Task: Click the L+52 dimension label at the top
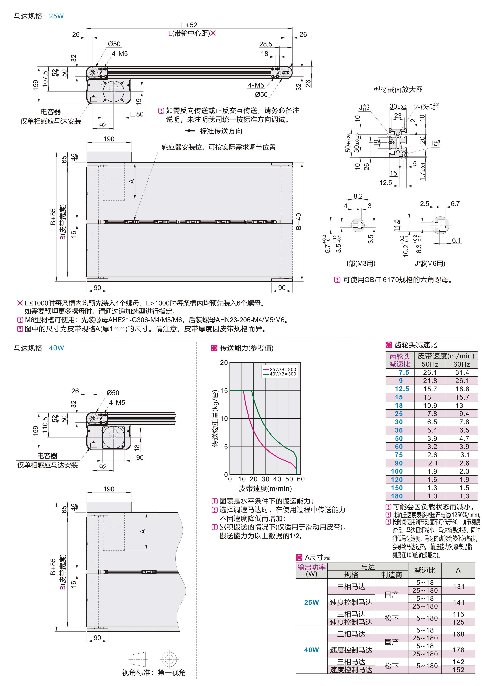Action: (189, 25)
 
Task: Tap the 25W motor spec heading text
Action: (39, 16)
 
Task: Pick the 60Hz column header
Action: (461, 364)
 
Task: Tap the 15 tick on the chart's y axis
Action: (224, 391)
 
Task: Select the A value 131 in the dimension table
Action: (458, 587)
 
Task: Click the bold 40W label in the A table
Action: (311, 650)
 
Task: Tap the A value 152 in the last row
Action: (458, 670)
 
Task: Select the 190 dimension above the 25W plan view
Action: (109, 139)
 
